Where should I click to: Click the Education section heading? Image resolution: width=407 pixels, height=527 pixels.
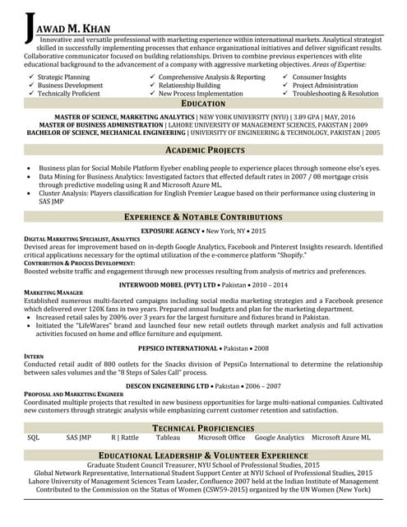[203, 104]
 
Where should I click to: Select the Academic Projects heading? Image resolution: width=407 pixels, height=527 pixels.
[205, 151]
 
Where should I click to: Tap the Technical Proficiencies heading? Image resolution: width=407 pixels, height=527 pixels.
[203, 428]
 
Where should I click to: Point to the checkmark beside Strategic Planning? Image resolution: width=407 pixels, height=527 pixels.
[30, 77]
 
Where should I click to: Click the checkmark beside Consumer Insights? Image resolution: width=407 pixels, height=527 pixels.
[285, 77]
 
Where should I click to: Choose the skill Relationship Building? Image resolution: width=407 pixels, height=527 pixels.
[189, 85]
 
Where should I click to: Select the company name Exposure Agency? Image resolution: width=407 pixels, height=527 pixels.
[171, 231]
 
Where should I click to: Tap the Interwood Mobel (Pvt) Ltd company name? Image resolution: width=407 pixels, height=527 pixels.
[167, 284]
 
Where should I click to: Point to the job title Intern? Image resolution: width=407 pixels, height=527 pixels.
[34, 357]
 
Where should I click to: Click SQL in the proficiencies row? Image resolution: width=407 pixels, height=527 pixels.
[34, 438]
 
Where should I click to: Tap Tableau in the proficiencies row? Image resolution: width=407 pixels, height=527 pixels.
[168, 438]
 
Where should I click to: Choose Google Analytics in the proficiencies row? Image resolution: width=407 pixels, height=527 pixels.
[279, 438]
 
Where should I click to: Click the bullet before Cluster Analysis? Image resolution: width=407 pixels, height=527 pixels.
[31, 194]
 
